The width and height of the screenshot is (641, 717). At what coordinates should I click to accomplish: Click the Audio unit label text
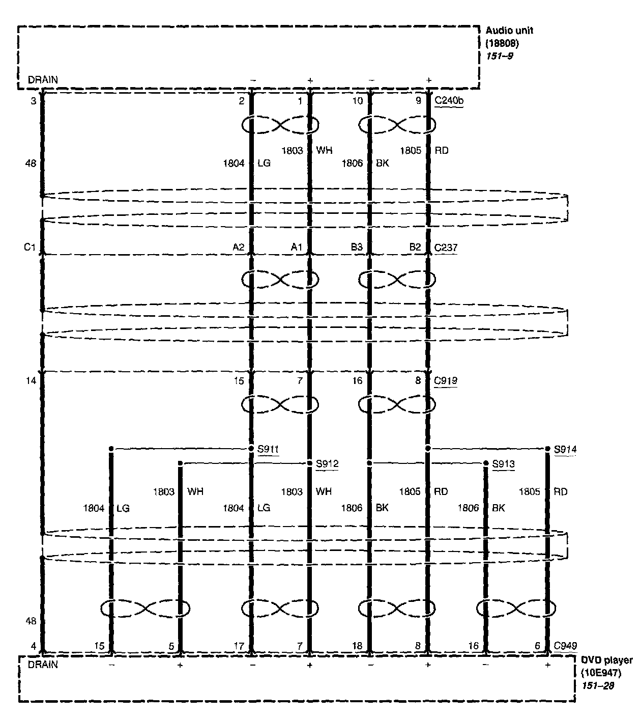[509, 31]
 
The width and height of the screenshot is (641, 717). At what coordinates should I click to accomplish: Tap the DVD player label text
[607, 660]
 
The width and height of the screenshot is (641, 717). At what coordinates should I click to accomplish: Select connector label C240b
[449, 101]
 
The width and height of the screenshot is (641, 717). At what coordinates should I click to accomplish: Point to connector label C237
[446, 248]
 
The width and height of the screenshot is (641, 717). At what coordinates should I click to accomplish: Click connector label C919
[446, 380]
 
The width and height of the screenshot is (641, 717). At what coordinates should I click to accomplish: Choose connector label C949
[565, 646]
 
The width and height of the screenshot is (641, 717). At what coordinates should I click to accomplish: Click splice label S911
[268, 449]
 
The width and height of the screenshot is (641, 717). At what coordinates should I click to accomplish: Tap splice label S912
[327, 464]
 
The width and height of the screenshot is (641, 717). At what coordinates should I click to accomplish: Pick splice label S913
[503, 464]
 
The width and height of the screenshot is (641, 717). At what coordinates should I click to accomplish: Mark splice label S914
[565, 450]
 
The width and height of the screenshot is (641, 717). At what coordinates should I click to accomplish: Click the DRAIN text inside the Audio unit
[43, 80]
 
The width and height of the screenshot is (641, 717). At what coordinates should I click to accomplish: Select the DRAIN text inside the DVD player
[43, 665]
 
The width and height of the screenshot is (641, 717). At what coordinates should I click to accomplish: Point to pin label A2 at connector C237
[238, 248]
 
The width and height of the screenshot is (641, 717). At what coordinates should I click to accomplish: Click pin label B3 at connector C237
[357, 248]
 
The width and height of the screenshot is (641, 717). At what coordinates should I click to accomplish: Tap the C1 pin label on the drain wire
[30, 248]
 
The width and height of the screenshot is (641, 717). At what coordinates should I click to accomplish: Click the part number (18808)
[502, 43]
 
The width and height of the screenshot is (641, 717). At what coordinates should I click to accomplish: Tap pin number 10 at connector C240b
[358, 101]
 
